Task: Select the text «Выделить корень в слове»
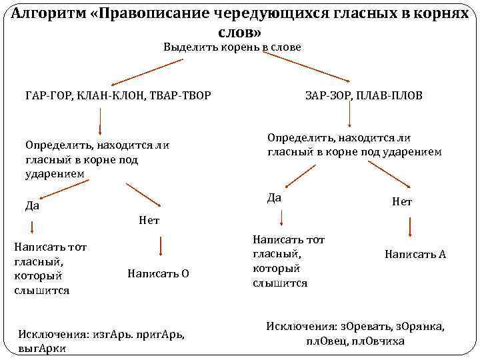(x=233, y=47)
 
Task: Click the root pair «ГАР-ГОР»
(x=47, y=96)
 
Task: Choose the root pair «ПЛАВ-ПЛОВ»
(x=387, y=96)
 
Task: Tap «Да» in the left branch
(x=32, y=205)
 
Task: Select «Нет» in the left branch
(x=149, y=220)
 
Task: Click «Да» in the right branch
(x=274, y=197)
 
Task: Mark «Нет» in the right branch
(x=403, y=201)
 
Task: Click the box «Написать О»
(x=158, y=273)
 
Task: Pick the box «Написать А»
(x=415, y=254)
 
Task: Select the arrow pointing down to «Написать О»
(x=160, y=247)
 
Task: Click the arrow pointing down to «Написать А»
(x=409, y=227)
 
